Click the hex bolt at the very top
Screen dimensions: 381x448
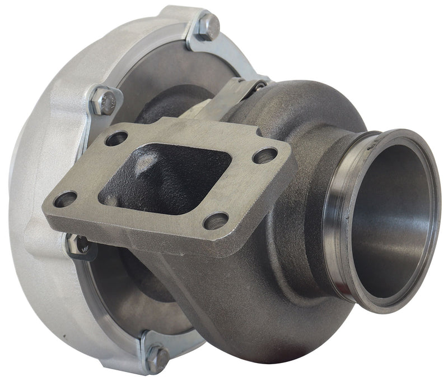208,26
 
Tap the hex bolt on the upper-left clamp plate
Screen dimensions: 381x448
104,101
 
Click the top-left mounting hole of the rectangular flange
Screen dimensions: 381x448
116,138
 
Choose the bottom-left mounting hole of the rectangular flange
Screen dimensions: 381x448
66,199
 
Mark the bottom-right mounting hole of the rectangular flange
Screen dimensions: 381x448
216,220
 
